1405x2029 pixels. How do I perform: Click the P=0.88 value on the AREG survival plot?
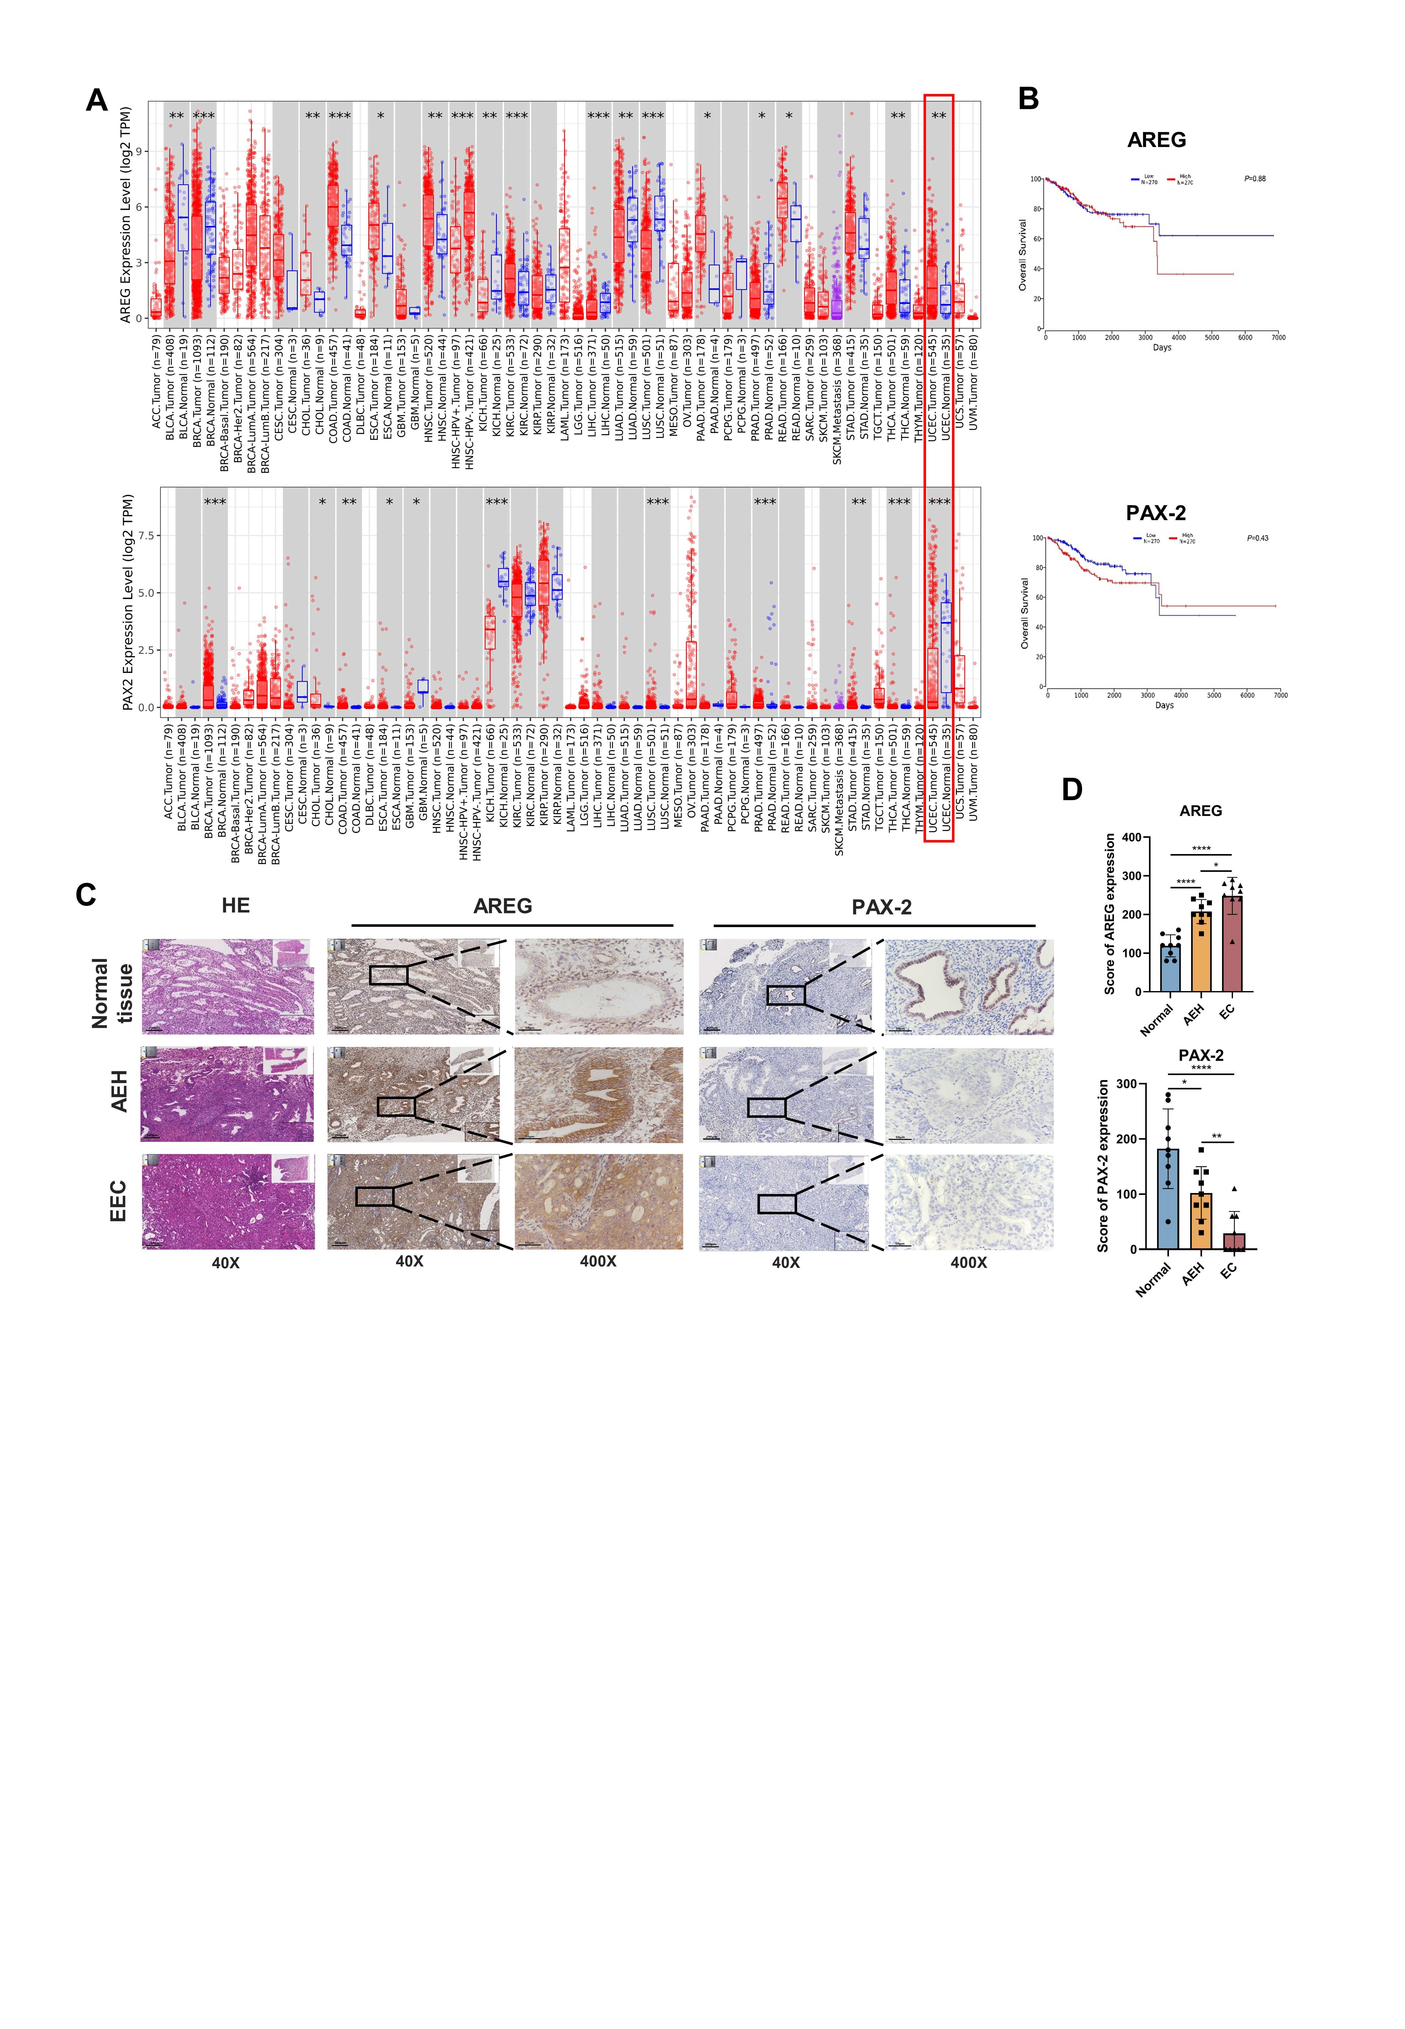[x=1255, y=179]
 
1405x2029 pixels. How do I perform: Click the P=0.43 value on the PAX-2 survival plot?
[x=1257, y=538]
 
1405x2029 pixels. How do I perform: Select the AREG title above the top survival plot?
[x=1156, y=140]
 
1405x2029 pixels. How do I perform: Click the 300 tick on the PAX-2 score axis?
[x=1126, y=1084]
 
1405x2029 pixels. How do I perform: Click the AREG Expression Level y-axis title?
[x=126, y=215]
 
